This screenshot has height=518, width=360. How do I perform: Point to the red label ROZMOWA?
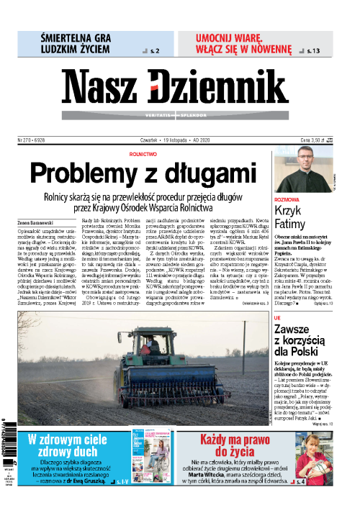pyautogui.click(x=287, y=198)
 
